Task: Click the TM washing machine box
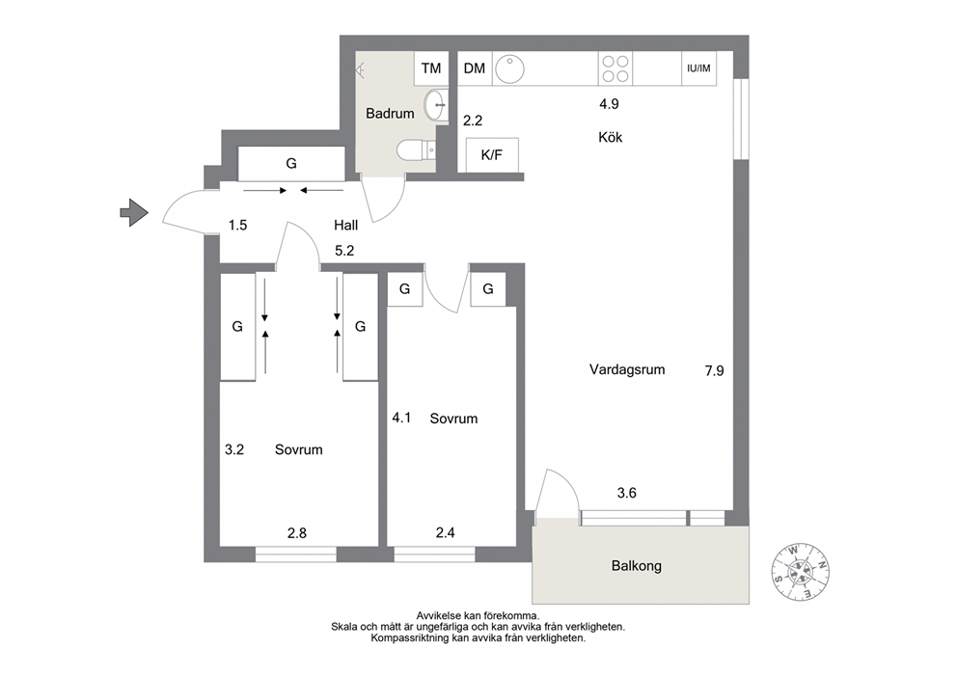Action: point(431,68)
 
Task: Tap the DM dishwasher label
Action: point(475,68)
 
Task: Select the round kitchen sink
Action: point(509,68)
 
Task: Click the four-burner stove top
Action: point(615,68)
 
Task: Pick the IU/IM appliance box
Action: point(698,68)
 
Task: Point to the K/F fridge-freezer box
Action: point(492,155)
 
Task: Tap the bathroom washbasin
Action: point(436,105)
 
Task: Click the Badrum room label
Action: point(390,114)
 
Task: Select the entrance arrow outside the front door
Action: point(134,213)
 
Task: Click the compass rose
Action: point(800,571)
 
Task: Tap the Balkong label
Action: point(637,566)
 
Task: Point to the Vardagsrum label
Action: point(627,369)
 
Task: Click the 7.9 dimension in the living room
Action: point(714,371)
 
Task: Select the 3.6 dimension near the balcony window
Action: point(627,493)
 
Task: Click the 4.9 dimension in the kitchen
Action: point(609,104)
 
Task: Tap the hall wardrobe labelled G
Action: point(291,164)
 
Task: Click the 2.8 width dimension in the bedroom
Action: point(296,533)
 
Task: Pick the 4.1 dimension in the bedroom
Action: point(401,418)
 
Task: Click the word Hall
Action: point(346,225)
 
